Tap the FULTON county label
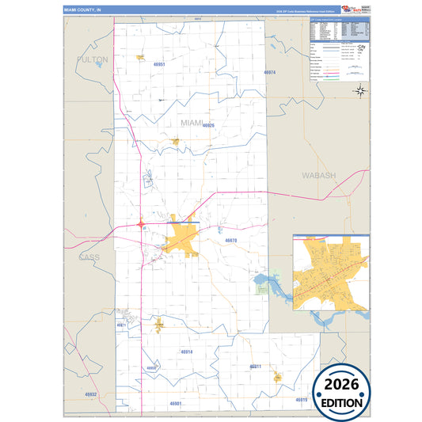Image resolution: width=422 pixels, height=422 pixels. pos(93,59)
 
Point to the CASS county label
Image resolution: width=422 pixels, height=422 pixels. pos(89,257)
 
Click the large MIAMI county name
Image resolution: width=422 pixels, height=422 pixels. pos(192,123)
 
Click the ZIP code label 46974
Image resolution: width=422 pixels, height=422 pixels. pos(270,72)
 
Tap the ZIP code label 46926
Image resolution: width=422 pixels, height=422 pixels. pos(208,125)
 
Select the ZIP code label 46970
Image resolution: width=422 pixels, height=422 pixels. pos(230,240)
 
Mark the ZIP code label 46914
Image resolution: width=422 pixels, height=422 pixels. pos(186,351)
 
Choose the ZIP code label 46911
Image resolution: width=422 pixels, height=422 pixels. pos(255,367)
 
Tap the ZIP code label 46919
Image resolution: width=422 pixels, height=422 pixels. pos(301,400)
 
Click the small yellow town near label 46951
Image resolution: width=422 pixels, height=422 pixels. pos(140,57)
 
